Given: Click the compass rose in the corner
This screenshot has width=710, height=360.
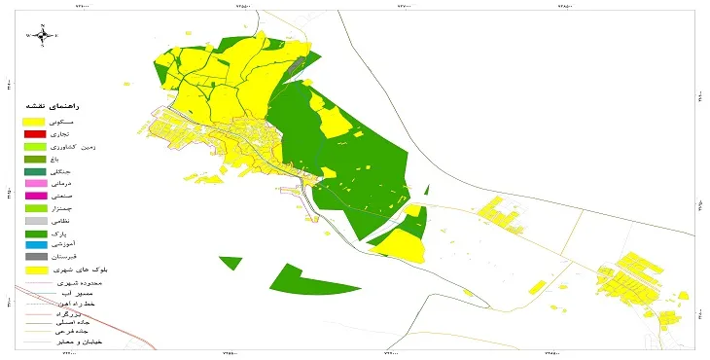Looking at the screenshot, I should coord(43,36).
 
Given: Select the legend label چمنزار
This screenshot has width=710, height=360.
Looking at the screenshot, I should coord(93,208).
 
